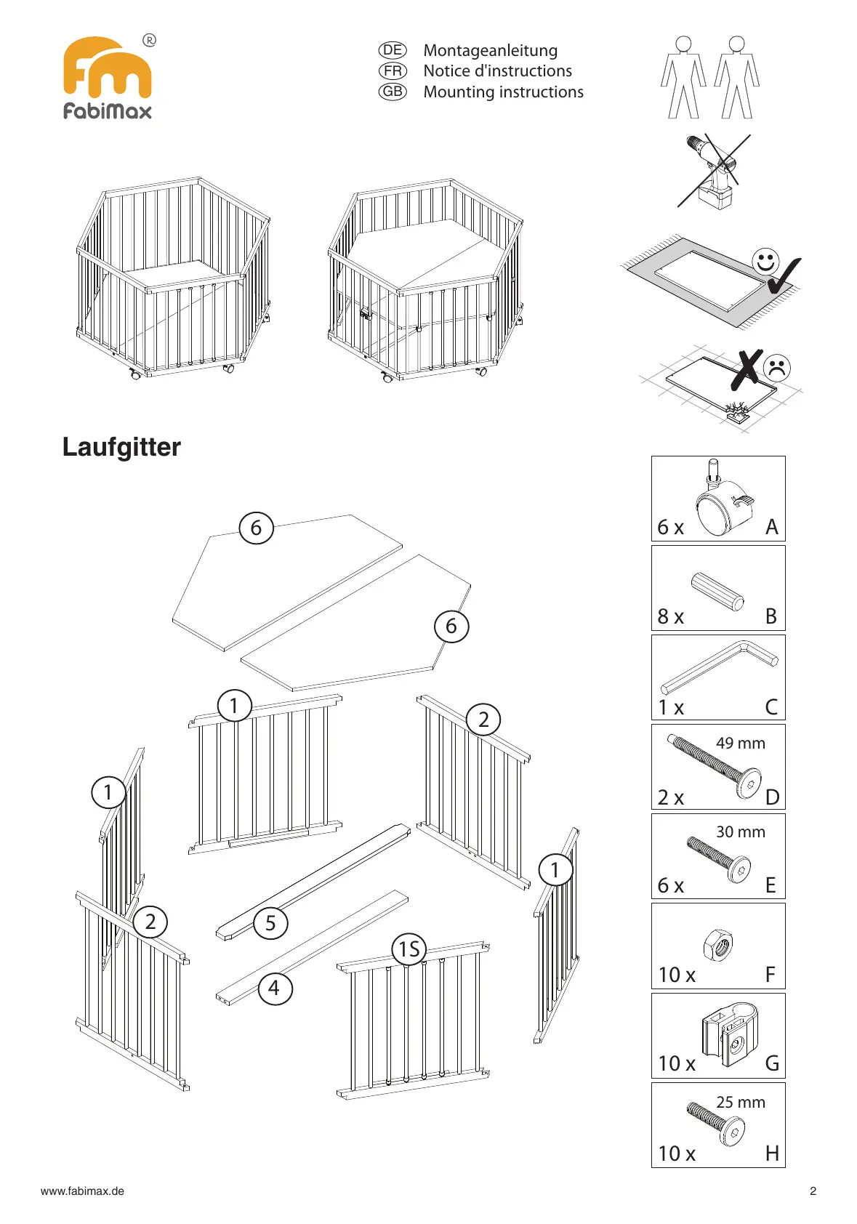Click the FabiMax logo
pyautogui.click(x=108, y=77)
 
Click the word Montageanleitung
pyautogui.click(x=490, y=51)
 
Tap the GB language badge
pyautogui.click(x=393, y=92)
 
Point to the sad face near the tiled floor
pyautogui.click(x=777, y=368)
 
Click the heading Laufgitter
pyautogui.click(x=121, y=447)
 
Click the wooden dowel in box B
pyautogui.click(x=718, y=591)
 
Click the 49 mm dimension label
pyautogui.click(x=740, y=744)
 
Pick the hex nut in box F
pyautogui.click(x=718, y=946)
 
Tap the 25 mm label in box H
pyautogui.click(x=740, y=1103)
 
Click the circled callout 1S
pyautogui.click(x=409, y=949)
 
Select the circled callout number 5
pyautogui.click(x=270, y=923)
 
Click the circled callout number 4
pyautogui.click(x=274, y=989)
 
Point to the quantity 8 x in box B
pyautogui.click(x=670, y=617)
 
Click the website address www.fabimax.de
pyautogui.click(x=82, y=1191)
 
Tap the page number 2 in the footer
pyautogui.click(x=813, y=1191)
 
